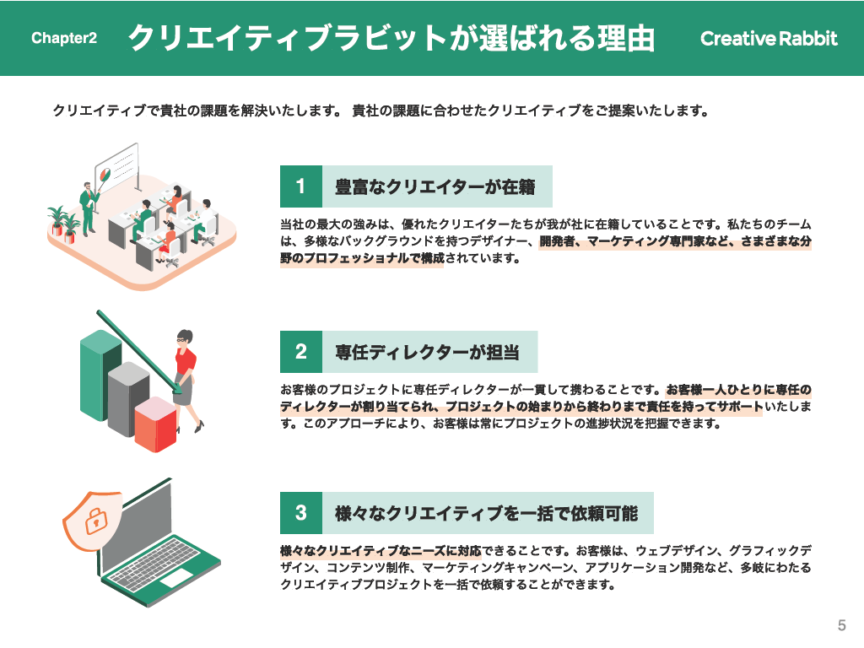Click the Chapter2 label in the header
(x=64, y=38)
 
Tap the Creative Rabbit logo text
(x=769, y=38)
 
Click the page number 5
(x=841, y=625)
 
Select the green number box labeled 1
(x=301, y=186)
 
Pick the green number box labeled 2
(x=301, y=352)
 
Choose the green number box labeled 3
(x=301, y=512)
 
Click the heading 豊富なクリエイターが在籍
(x=435, y=186)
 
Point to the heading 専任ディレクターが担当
(x=428, y=352)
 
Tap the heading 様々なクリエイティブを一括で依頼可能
(x=487, y=513)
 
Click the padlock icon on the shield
(x=96, y=520)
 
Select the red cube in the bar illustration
(x=155, y=424)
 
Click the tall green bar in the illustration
(x=101, y=375)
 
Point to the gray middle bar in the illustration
(x=128, y=399)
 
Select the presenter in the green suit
(x=88, y=208)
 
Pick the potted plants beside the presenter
(x=64, y=224)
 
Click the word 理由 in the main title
(x=627, y=38)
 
